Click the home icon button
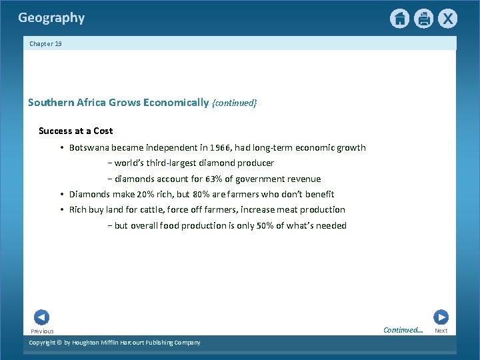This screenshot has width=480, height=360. coord(399,19)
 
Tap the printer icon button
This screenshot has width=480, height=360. coord(423,19)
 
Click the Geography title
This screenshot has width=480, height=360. coord(51,18)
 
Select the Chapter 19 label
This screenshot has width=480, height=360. coord(45,43)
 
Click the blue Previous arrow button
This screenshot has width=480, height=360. coord(41,317)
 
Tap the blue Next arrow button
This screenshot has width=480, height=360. coord(441,317)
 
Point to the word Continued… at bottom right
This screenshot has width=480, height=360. coord(403,330)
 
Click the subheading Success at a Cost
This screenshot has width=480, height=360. coord(75,131)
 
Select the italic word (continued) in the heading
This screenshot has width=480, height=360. coord(234,103)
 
